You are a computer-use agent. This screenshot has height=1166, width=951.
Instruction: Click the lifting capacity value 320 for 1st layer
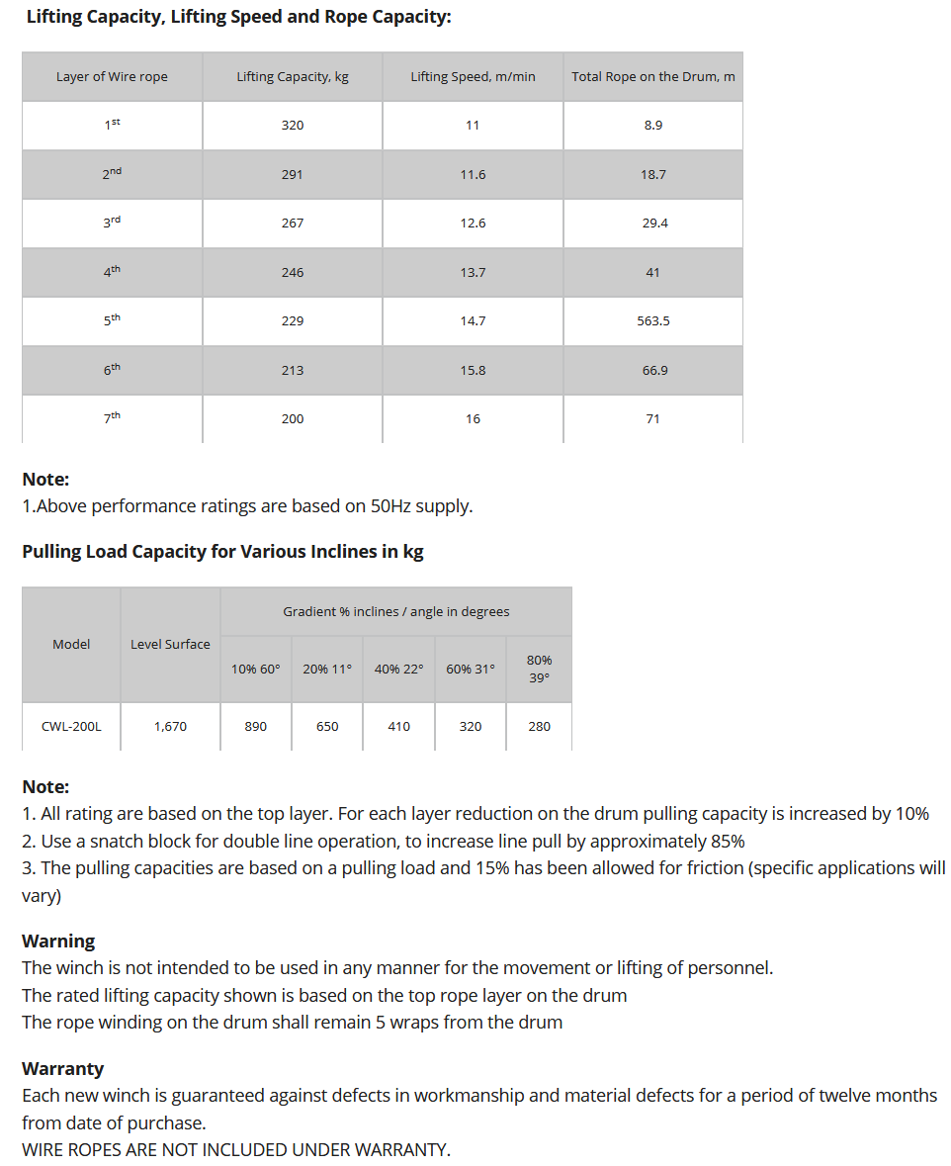click(293, 126)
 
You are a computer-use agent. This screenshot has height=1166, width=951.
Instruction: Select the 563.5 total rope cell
click(653, 321)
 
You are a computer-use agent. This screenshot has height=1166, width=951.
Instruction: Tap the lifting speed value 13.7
click(473, 272)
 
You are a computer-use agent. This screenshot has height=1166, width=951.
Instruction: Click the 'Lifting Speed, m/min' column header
click(473, 76)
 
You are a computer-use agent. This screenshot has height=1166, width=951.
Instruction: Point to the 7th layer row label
click(112, 418)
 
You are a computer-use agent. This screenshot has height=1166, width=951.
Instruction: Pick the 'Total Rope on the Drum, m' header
click(652, 76)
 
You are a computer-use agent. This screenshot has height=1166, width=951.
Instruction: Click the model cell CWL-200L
click(71, 726)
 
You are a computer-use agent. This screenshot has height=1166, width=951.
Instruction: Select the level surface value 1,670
click(170, 726)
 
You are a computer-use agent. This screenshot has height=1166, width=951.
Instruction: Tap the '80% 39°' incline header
click(539, 669)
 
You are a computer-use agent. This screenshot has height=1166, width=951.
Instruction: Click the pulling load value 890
click(255, 726)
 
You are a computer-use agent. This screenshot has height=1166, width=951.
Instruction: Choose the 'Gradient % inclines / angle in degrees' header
click(395, 611)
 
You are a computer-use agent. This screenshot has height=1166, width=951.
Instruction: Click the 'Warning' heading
click(58, 941)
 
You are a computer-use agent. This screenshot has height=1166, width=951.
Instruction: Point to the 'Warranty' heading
click(62, 1068)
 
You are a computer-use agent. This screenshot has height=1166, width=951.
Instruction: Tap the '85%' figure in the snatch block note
click(727, 841)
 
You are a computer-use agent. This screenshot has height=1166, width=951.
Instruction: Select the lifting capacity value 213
click(293, 370)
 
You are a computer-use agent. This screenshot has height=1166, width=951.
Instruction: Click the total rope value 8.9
click(652, 126)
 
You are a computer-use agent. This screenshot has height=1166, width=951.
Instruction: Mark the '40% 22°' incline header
click(398, 669)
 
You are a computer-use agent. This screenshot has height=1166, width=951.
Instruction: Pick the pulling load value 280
click(539, 726)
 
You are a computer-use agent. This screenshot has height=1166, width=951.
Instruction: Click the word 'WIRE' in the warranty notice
click(44, 1149)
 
